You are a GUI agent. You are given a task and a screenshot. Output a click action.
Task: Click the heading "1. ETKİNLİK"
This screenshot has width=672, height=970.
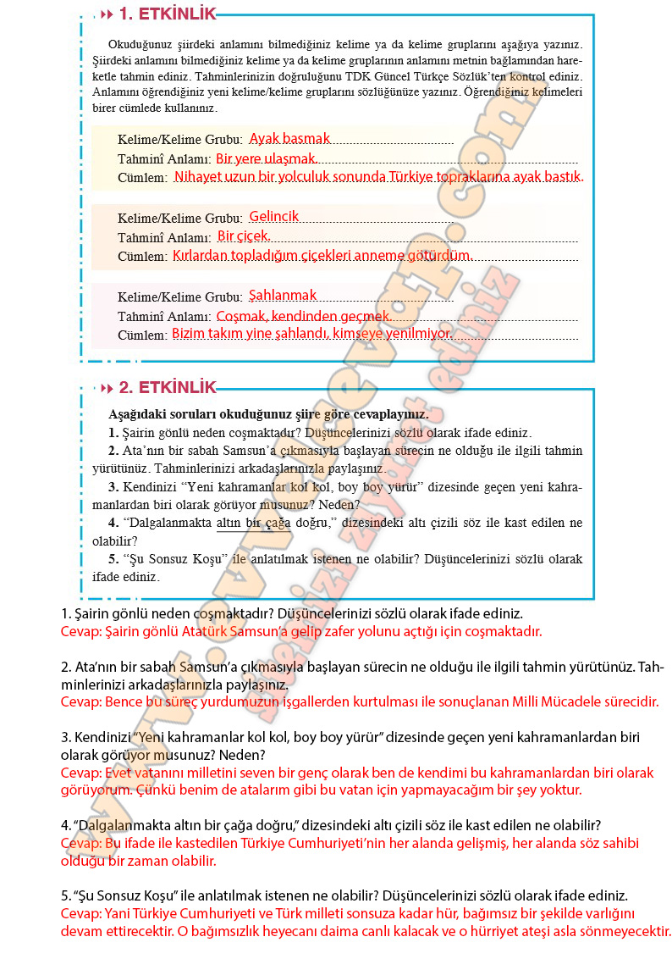pyautogui.click(x=168, y=14)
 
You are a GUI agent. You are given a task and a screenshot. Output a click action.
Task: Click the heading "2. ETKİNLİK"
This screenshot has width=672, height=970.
pyautogui.click(x=168, y=387)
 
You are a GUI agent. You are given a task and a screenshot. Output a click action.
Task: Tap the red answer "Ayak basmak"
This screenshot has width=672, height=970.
pyautogui.click(x=289, y=138)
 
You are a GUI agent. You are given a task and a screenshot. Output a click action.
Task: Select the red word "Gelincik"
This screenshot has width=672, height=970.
pyautogui.click(x=274, y=216)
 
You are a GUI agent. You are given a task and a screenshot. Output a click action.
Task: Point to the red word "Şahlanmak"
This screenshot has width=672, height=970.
pyautogui.click(x=283, y=295)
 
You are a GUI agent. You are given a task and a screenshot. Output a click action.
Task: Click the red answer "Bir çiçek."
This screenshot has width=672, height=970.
pyautogui.click(x=244, y=236)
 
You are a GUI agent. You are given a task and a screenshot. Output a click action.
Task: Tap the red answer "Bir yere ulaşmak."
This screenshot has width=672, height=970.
pyautogui.click(x=267, y=158)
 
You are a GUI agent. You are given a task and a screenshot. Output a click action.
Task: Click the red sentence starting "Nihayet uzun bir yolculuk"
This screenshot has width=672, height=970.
pyautogui.click(x=378, y=177)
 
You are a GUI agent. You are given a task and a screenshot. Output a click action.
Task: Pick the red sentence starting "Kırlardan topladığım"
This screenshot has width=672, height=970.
pyautogui.click(x=321, y=255)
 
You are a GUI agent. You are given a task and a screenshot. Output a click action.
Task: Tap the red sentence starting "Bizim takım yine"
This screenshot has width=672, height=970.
pyautogui.click(x=311, y=334)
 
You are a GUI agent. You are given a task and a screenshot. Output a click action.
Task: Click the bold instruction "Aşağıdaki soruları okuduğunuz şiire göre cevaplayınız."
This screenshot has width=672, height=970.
pyautogui.click(x=268, y=415)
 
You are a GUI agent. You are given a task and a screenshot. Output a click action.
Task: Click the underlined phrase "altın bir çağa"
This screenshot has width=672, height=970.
pyautogui.click(x=253, y=523)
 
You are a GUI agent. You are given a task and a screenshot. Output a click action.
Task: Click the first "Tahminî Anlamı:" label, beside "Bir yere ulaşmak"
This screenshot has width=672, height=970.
pyautogui.click(x=164, y=159)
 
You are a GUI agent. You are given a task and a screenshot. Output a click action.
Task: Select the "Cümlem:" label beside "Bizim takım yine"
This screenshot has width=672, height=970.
pyautogui.click(x=143, y=335)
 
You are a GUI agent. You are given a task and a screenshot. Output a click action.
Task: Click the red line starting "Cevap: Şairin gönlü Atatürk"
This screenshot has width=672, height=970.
pyautogui.click(x=300, y=631)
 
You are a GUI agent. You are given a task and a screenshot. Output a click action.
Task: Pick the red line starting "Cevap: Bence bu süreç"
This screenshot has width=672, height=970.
pyautogui.click(x=359, y=701)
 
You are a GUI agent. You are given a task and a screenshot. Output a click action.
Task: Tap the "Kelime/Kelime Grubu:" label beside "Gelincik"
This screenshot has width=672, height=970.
pyautogui.click(x=180, y=218)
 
